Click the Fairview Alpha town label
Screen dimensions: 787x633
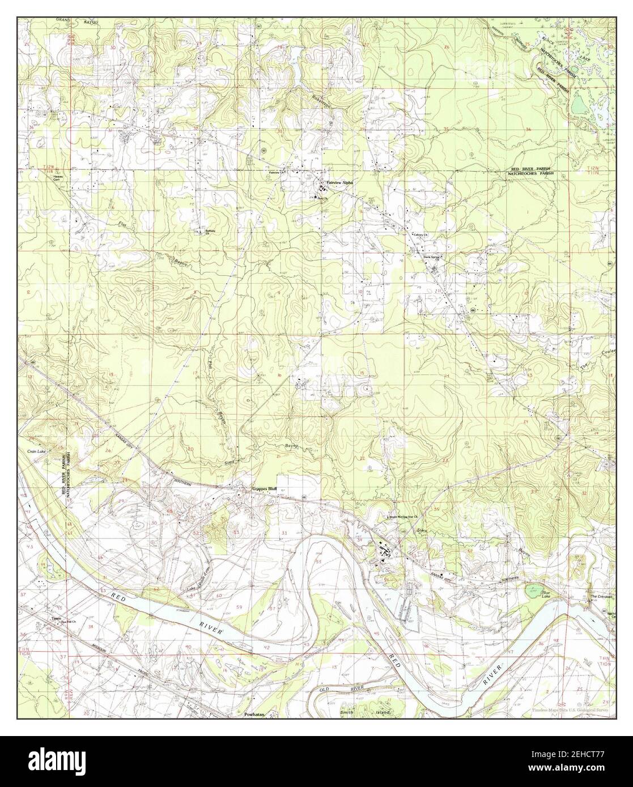tap(339, 183)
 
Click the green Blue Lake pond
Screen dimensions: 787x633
tap(532, 591)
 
